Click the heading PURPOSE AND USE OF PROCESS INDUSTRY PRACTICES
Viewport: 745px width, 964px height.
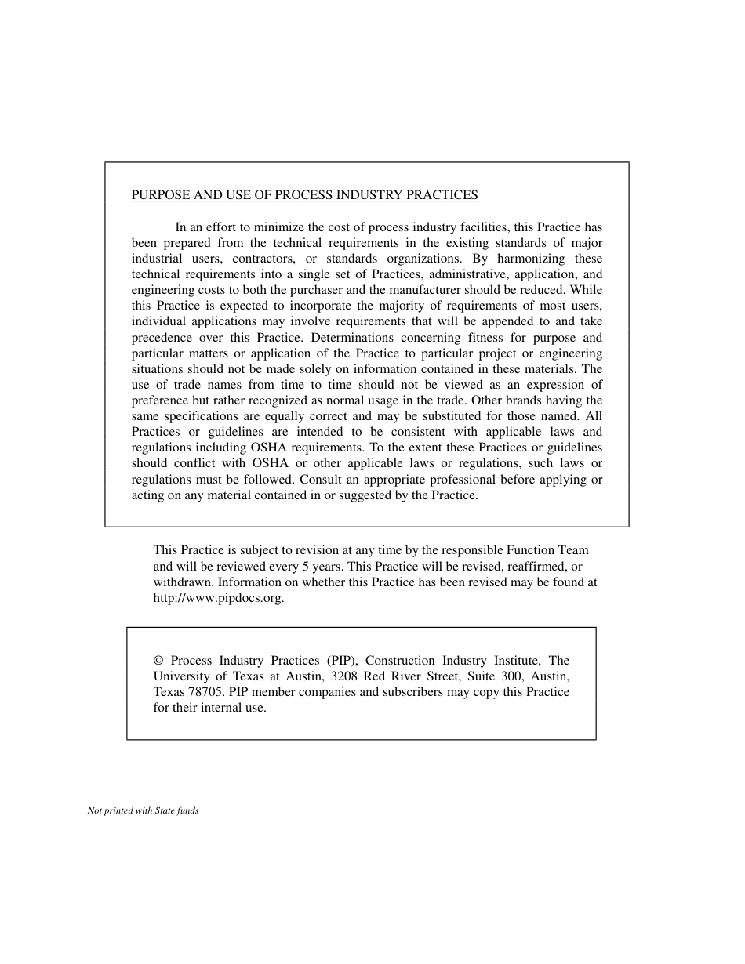304,195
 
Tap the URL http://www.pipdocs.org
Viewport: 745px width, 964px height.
218,598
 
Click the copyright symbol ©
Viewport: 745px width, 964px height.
158,661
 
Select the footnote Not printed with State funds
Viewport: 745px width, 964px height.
143,811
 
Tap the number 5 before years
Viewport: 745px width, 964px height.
305,567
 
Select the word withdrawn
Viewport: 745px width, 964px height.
183,582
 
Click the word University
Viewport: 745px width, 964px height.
181,676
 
